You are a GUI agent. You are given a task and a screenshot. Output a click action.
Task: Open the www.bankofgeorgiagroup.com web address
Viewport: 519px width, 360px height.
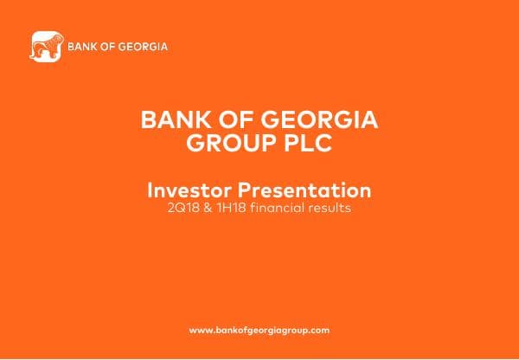259,331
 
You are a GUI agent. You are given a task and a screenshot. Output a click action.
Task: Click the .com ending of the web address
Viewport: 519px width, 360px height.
319,331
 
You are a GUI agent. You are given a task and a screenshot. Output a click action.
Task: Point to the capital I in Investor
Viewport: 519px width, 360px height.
151,190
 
